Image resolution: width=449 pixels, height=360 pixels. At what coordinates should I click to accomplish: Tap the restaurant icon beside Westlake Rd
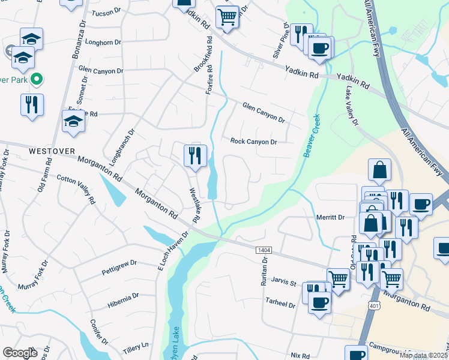[x=195, y=156]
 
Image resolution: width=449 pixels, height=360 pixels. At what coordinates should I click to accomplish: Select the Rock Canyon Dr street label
[x=254, y=142]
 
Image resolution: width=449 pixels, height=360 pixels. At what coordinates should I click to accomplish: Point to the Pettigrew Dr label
[x=119, y=263]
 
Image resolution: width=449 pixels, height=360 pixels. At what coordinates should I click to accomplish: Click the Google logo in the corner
[x=20, y=353]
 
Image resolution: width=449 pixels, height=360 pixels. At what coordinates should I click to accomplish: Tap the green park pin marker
[x=36, y=79]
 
